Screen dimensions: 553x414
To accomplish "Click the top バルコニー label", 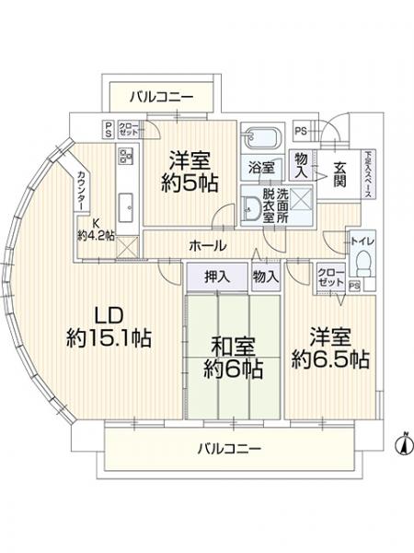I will (x=161, y=95).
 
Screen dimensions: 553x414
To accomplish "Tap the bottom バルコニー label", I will (x=230, y=449).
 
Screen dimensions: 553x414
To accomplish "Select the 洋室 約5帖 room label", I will (x=186, y=171).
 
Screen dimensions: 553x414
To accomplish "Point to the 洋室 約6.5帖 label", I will (x=331, y=348).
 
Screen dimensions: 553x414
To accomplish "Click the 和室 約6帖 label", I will (x=233, y=358).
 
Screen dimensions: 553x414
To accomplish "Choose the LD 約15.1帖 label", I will (x=108, y=324).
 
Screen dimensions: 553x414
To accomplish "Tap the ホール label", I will (x=204, y=246).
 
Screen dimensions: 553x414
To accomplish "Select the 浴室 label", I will (x=260, y=168).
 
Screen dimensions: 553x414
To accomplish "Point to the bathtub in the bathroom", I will (x=263, y=140).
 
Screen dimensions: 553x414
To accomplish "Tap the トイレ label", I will (x=362, y=241).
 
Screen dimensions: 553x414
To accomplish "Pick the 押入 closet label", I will (x=217, y=276).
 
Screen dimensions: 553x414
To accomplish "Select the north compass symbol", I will (x=400, y=444).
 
